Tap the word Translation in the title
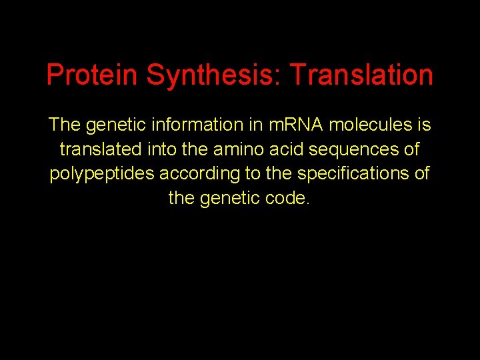(x=361, y=75)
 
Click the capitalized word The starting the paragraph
(x=64, y=125)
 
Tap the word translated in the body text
(x=98, y=149)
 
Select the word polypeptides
(x=102, y=174)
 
